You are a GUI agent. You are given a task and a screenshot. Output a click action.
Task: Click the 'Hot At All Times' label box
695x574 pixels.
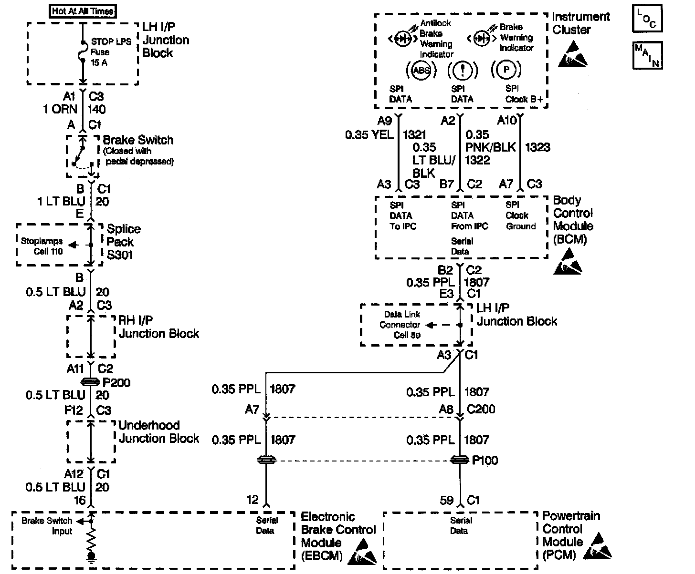(x=83, y=10)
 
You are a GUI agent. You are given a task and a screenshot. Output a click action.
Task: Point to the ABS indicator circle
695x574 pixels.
(x=421, y=71)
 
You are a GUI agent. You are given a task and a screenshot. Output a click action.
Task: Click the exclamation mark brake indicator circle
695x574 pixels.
(x=462, y=71)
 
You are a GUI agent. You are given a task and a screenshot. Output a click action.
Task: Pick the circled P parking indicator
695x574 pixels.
(x=505, y=71)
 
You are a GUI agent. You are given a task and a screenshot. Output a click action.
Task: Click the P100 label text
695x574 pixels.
(x=484, y=460)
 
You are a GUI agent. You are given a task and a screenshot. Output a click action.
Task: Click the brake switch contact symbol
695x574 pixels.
(x=81, y=155)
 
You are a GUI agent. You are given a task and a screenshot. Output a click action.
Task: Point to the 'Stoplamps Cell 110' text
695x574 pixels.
(x=42, y=246)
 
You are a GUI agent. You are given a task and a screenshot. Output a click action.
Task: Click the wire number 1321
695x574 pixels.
(x=414, y=135)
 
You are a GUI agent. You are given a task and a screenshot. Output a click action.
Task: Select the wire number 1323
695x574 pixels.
(x=537, y=147)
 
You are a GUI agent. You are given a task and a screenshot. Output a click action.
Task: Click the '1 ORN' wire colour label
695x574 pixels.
(x=60, y=109)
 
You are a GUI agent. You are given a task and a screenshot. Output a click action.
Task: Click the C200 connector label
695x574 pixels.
(x=481, y=409)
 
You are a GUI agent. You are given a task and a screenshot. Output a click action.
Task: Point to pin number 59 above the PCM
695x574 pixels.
(x=447, y=500)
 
